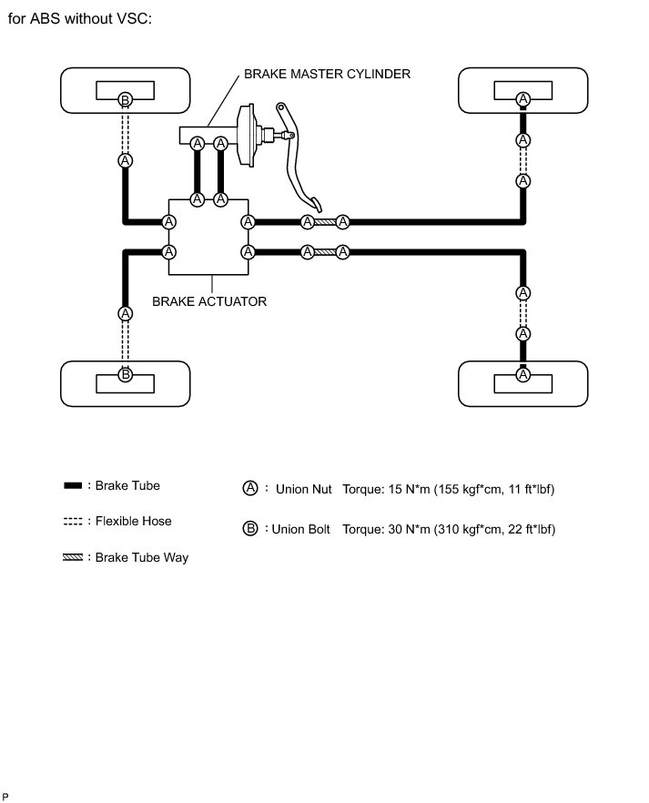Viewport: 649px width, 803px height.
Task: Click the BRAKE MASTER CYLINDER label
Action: (326, 74)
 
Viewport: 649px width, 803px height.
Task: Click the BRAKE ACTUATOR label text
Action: (209, 300)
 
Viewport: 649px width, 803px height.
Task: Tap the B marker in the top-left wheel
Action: (126, 98)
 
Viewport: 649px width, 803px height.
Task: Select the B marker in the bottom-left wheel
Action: (126, 374)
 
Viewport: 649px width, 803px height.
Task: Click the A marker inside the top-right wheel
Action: (522, 98)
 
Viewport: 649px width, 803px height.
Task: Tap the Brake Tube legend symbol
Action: (74, 485)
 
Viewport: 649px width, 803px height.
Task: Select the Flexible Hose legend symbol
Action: (74, 522)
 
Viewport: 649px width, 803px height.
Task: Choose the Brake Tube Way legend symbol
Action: (74, 557)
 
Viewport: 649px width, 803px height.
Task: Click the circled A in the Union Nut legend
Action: (250, 489)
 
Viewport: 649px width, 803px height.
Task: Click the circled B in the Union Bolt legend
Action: (250, 529)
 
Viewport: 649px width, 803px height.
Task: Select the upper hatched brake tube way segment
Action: (325, 222)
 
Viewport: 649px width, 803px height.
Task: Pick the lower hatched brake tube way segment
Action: (325, 252)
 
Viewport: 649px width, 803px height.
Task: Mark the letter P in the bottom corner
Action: (5, 797)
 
